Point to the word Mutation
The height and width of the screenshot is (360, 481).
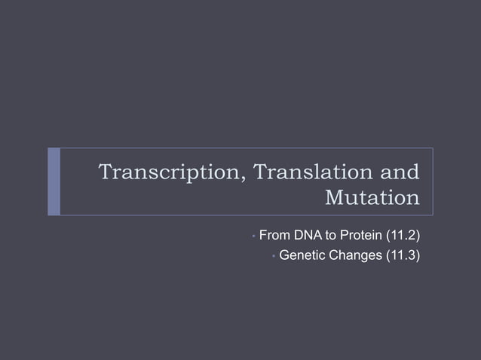point(371,198)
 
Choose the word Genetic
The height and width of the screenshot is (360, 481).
point(302,256)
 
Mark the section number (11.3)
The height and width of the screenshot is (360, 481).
point(403,256)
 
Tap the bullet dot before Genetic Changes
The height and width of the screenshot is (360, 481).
point(272,257)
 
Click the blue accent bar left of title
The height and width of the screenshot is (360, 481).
point(54,182)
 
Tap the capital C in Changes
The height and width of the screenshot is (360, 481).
point(332,256)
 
